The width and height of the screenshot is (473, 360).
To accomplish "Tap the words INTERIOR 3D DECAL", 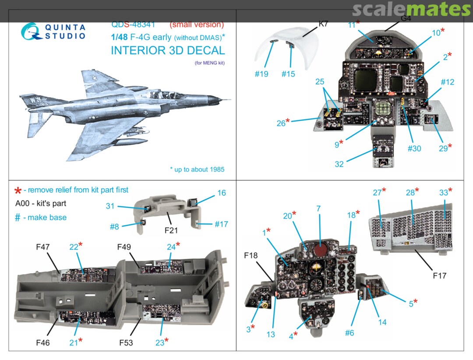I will tap(168, 50).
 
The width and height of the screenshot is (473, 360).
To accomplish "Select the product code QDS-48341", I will tap(133, 25).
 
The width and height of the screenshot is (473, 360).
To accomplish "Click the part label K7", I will tap(323, 24).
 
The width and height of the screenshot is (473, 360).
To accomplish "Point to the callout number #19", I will tap(262, 74).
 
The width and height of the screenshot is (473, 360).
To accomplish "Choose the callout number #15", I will tap(288, 74).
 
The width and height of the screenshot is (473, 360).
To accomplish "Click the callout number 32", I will tap(339, 164).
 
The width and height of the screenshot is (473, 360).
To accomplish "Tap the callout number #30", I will tap(414, 148).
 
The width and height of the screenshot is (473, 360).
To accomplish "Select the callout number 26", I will tap(281, 124).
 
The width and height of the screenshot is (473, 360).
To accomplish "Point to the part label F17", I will tap(439, 276).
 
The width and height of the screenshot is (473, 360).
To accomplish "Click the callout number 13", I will tap(271, 335).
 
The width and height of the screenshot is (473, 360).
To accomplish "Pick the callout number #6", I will tap(349, 333).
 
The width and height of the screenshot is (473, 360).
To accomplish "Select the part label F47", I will tap(43, 247).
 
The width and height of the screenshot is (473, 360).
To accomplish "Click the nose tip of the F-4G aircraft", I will tap(230, 100).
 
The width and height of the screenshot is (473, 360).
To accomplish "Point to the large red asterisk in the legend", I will tap(18, 191).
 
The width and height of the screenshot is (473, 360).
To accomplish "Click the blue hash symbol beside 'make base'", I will tap(18, 218).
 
